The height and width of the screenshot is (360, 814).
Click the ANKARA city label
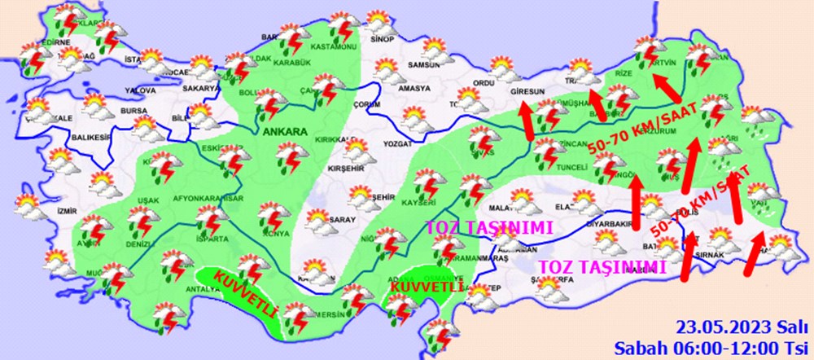[284, 130]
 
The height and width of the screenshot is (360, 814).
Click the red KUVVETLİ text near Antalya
[246, 294]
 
